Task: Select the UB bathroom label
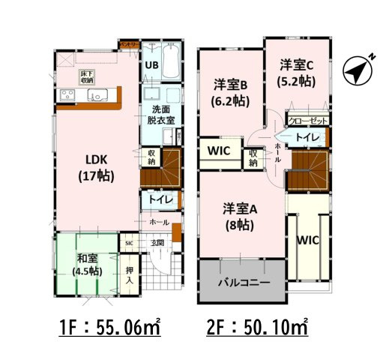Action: [150, 64]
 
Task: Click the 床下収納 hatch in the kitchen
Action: [86, 76]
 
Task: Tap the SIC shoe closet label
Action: [129, 243]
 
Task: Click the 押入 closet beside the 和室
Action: [129, 274]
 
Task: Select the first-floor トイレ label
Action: [158, 200]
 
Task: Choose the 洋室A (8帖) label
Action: [241, 215]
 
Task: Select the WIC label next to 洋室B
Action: [219, 150]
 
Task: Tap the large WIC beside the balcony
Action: [307, 241]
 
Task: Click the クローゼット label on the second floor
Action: [307, 120]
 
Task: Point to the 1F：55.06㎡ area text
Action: [111, 328]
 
